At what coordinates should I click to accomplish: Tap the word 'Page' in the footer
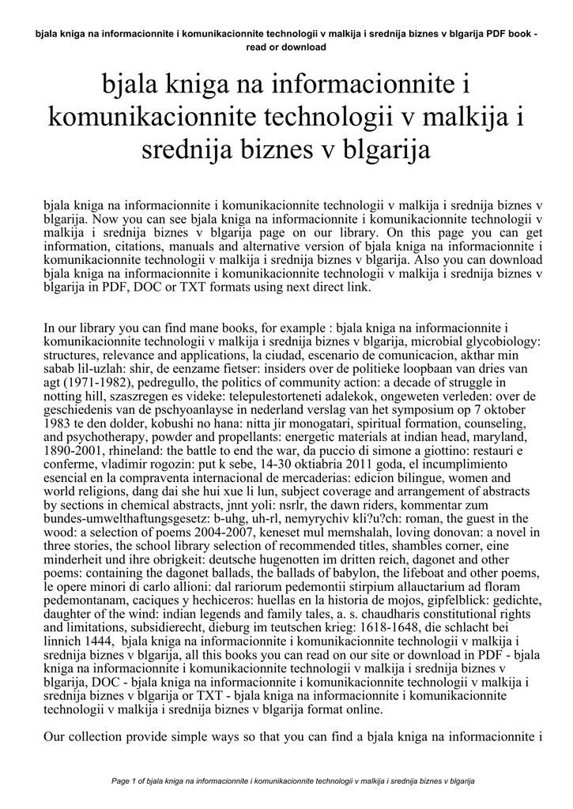122,781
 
